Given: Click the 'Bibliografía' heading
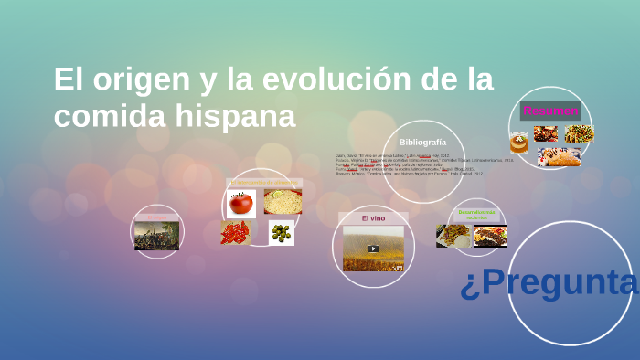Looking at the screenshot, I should pyautogui.click(x=422, y=143).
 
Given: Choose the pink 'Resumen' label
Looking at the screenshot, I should pyautogui.click(x=550, y=111).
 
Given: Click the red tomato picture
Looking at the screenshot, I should pyautogui.click(x=241, y=202).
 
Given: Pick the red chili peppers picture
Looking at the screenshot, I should pyautogui.click(x=236, y=232).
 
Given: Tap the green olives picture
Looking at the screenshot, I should pyautogui.click(x=282, y=233).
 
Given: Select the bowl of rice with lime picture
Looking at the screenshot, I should pyautogui.click(x=283, y=202).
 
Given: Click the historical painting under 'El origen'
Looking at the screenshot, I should pyautogui.click(x=156, y=236).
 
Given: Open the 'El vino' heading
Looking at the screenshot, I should pyautogui.click(x=373, y=218).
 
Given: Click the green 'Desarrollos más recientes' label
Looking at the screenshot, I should pyautogui.click(x=476, y=214).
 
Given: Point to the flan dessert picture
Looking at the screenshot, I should pyautogui.click(x=518, y=143).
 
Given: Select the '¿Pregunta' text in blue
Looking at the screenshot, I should pyautogui.click(x=549, y=284).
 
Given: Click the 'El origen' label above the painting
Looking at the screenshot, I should pyautogui.click(x=156, y=217).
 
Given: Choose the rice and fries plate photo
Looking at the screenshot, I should pyautogui.click(x=453, y=236).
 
